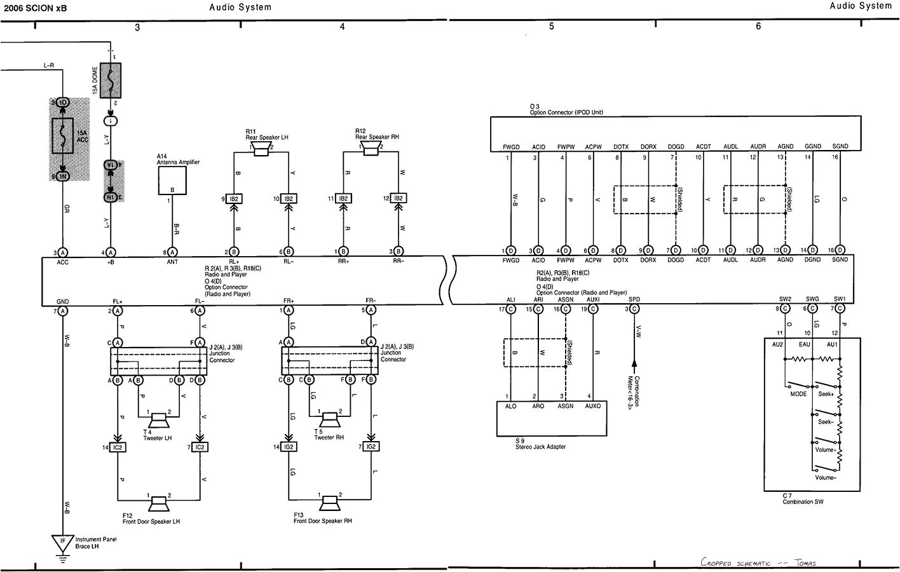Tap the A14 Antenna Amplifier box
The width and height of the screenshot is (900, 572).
coord(172,182)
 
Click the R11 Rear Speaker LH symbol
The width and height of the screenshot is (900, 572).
coord(261,149)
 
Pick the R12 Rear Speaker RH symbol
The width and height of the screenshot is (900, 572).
coord(371,149)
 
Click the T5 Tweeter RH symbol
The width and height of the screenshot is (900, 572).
coord(329,420)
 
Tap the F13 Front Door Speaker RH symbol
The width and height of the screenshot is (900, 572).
coord(329,504)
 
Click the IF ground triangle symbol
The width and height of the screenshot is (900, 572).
coord(62,543)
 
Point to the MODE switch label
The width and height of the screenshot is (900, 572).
coord(798,394)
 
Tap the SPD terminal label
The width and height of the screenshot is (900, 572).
coord(634,299)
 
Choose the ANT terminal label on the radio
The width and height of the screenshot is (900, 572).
coord(172,262)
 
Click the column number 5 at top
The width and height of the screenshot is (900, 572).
coord(551,27)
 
